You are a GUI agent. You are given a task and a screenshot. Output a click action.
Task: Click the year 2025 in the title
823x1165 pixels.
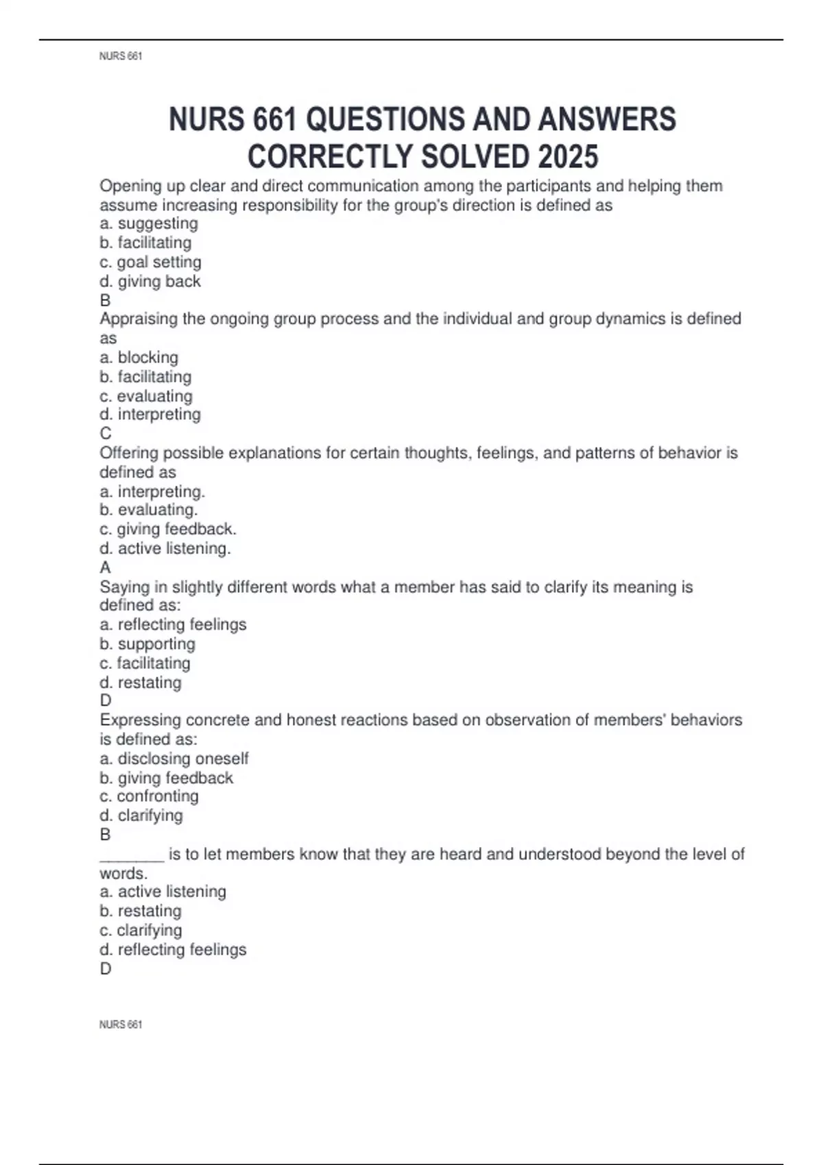568,157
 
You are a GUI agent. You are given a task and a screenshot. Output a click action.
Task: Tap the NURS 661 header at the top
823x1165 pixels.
121,56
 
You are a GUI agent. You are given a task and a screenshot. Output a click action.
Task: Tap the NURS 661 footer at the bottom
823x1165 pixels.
121,1025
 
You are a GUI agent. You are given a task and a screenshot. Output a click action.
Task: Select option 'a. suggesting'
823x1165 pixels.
149,223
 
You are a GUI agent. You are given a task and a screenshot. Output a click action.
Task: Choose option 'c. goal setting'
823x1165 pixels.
151,262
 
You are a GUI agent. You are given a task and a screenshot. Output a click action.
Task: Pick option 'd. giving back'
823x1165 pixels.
150,281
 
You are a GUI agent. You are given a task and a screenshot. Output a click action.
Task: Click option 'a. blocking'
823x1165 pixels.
139,357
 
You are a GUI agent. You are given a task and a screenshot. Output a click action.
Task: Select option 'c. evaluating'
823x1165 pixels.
146,395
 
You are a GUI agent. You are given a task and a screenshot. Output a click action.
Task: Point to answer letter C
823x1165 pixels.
106,433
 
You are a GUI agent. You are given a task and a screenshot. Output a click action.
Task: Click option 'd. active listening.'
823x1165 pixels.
165,548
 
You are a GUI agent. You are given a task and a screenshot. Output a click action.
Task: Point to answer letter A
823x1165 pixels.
106,567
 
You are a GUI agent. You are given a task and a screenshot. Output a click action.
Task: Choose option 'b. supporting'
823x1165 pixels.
147,643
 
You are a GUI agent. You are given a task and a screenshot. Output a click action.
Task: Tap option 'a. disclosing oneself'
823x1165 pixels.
174,758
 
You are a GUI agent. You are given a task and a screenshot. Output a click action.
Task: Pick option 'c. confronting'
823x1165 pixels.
150,796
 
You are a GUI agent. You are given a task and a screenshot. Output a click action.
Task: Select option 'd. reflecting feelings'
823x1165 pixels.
173,949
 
